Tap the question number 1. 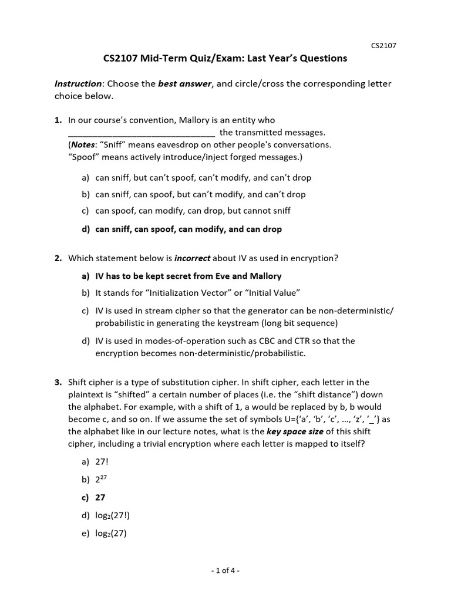pyautogui.click(x=58, y=120)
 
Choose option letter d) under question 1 pyautogui.click(x=86, y=229)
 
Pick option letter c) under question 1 pyautogui.click(x=86, y=211)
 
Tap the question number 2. pyautogui.click(x=58, y=258)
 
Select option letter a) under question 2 pyautogui.click(x=86, y=276)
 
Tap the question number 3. pyautogui.click(x=58, y=383)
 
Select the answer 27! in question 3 pyautogui.click(x=102, y=462)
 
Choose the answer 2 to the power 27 pyautogui.click(x=102, y=480)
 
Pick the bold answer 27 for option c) pyautogui.click(x=100, y=498)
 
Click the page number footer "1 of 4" pyautogui.click(x=225, y=570)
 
